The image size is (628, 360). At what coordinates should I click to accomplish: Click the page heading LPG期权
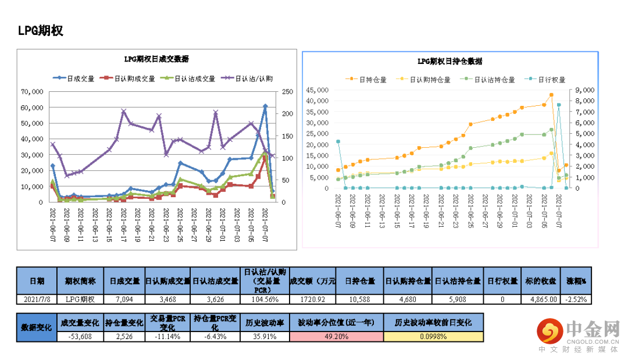[x=40, y=31]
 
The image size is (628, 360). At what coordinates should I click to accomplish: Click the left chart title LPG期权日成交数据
[x=156, y=59]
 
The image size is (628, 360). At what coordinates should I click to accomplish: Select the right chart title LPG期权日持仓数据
[x=450, y=61]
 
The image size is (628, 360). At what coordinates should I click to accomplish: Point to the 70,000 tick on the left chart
[x=33, y=92]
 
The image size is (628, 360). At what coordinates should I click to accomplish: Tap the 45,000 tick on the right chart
[x=319, y=90]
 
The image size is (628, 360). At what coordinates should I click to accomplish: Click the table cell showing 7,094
[x=124, y=300]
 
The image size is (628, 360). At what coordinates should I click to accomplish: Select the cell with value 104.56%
[x=265, y=300]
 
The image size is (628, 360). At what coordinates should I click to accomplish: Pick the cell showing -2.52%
[x=576, y=300]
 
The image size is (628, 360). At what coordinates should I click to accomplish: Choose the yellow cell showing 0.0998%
[x=433, y=336]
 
